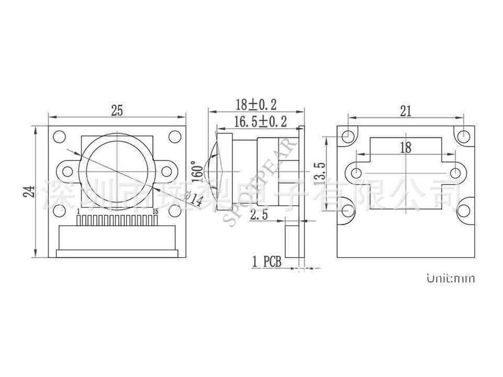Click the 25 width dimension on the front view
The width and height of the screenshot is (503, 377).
[x=117, y=111]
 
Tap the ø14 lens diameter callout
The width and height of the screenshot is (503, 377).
[x=196, y=199]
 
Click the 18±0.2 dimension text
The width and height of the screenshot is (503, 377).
[x=256, y=104]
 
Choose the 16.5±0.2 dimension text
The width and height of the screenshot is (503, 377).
[x=260, y=121]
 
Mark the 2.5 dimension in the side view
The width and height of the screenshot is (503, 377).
[x=259, y=215]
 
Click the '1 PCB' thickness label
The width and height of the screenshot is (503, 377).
[x=266, y=262]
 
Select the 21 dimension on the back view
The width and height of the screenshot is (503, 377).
[x=405, y=111]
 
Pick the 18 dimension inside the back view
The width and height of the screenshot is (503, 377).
[x=406, y=147]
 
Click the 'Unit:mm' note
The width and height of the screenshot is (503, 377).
[x=450, y=278]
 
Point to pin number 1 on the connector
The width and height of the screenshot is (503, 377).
[x=79, y=211]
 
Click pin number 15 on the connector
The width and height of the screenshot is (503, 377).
[x=155, y=211]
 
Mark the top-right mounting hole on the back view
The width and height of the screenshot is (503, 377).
[x=463, y=135]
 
